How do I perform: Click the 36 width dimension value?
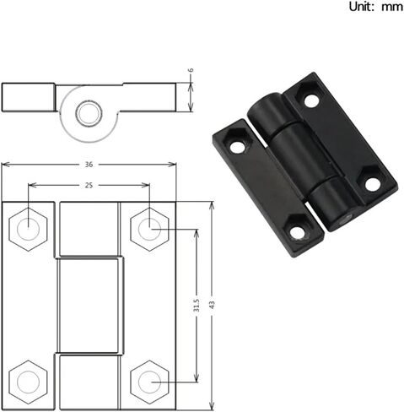(89, 165)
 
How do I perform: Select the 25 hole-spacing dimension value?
(89, 185)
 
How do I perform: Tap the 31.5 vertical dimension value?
(197, 306)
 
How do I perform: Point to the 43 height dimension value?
(212, 305)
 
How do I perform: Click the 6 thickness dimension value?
(191, 70)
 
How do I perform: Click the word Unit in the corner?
(359, 7)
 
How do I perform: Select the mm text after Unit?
(392, 8)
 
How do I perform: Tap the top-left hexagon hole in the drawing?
(28, 230)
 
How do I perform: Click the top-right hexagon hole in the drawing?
(149, 230)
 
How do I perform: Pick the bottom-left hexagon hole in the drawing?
(28, 382)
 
